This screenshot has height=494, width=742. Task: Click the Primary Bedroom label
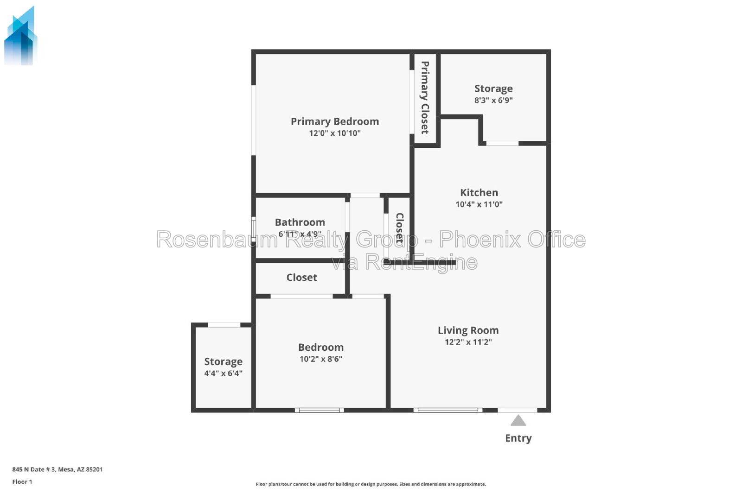tap(334, 121)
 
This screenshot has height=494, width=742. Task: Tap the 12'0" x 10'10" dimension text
tap(334, 133)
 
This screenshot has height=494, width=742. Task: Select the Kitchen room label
tap(479, 192)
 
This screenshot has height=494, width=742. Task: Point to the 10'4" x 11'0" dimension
tap(479, 204)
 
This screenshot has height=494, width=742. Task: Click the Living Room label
tap(468, 330)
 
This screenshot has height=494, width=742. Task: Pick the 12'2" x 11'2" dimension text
tap(468, 342)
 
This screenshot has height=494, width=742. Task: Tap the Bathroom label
tap(300, 222)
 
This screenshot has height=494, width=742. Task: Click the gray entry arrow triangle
tap(518, 420)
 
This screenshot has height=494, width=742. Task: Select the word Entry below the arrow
tap(518, 438)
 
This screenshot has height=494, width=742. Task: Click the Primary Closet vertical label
tap(425, 98)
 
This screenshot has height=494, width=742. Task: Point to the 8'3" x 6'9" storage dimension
tap(493, 100)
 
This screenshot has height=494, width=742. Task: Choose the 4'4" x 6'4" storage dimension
tap(223, 374)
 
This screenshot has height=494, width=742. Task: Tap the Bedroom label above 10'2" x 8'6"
tap(320, 347)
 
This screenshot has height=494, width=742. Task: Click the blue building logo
tap(20, 36)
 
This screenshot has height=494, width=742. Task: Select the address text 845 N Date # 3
tap(34, 469)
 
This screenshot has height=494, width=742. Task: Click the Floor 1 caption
tap(22, 482)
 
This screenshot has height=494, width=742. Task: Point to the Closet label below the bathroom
tap(301, 278)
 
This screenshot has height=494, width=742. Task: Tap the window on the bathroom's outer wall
tap(253, 228)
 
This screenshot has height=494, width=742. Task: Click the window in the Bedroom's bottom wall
tap(320, 410)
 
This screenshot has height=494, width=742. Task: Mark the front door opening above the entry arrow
tap(518, 410)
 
